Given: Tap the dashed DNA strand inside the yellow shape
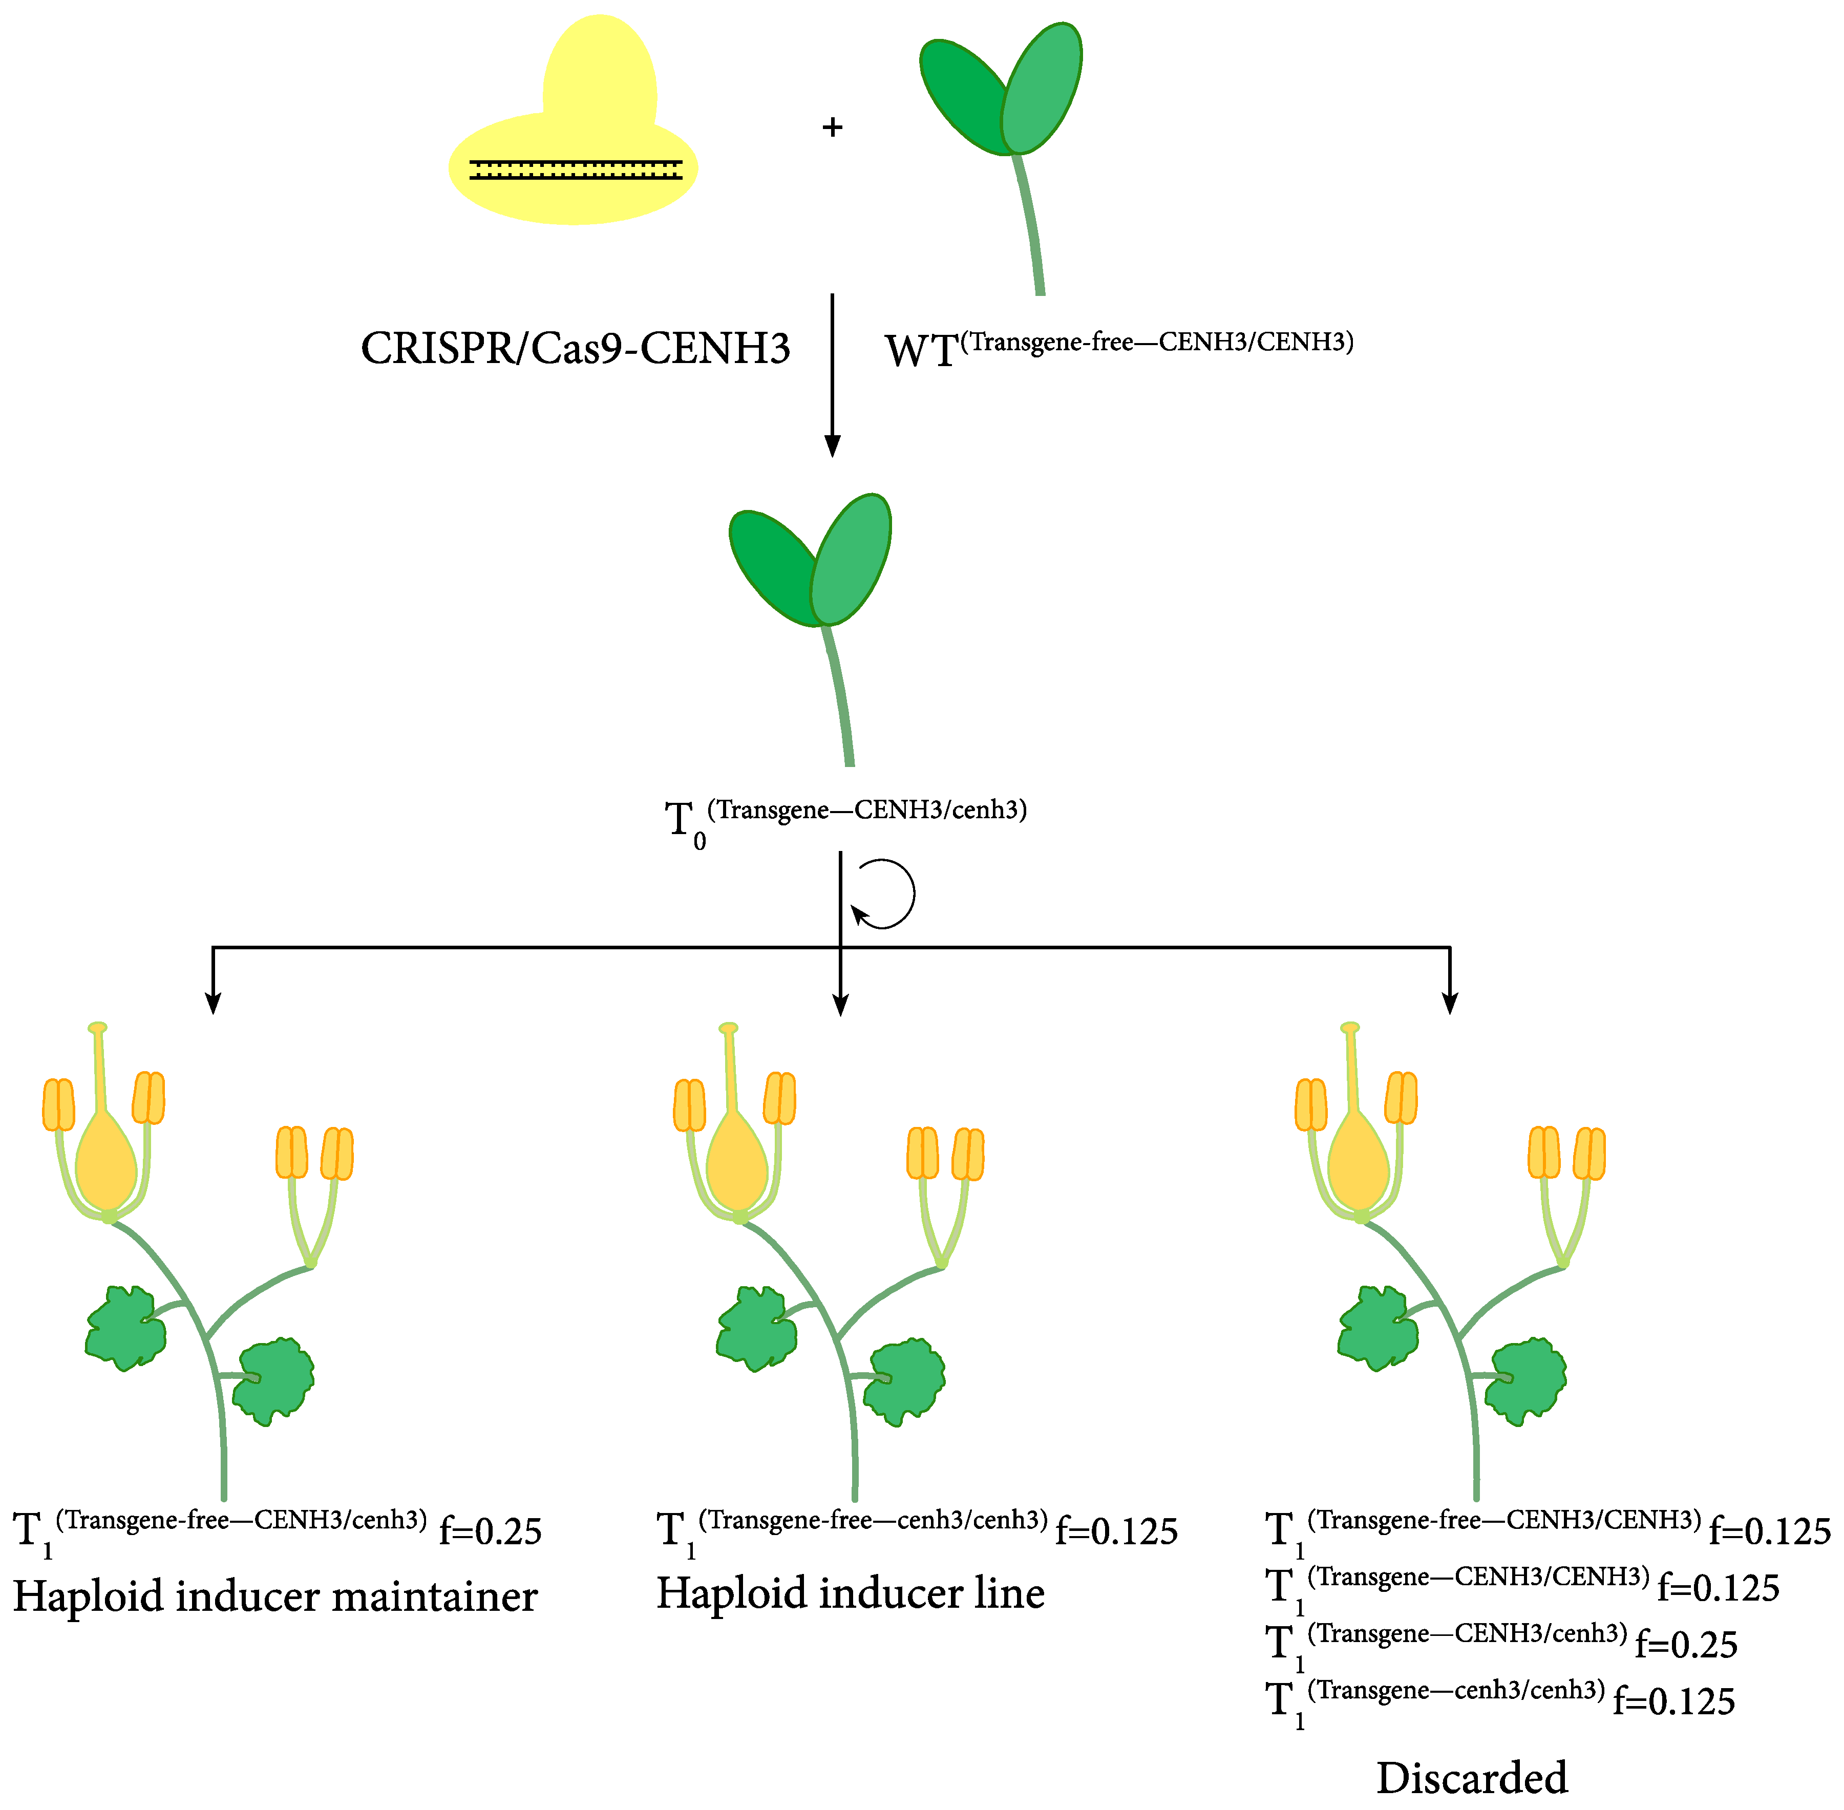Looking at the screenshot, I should click(x=575, y=170).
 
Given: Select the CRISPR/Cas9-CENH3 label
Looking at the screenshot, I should click(x=575, y=348).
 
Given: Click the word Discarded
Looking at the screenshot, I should click(x=1471, y=1778).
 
